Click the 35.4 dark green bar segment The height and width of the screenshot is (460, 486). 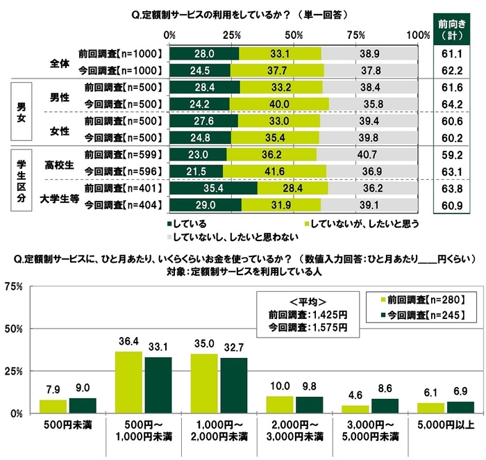pos(212,188)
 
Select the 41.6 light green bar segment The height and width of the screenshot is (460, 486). pos(275,171)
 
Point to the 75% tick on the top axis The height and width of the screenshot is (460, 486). pos(355,35)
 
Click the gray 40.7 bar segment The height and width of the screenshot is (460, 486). pos(369,154)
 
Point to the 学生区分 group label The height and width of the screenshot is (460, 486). pos(22,179)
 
